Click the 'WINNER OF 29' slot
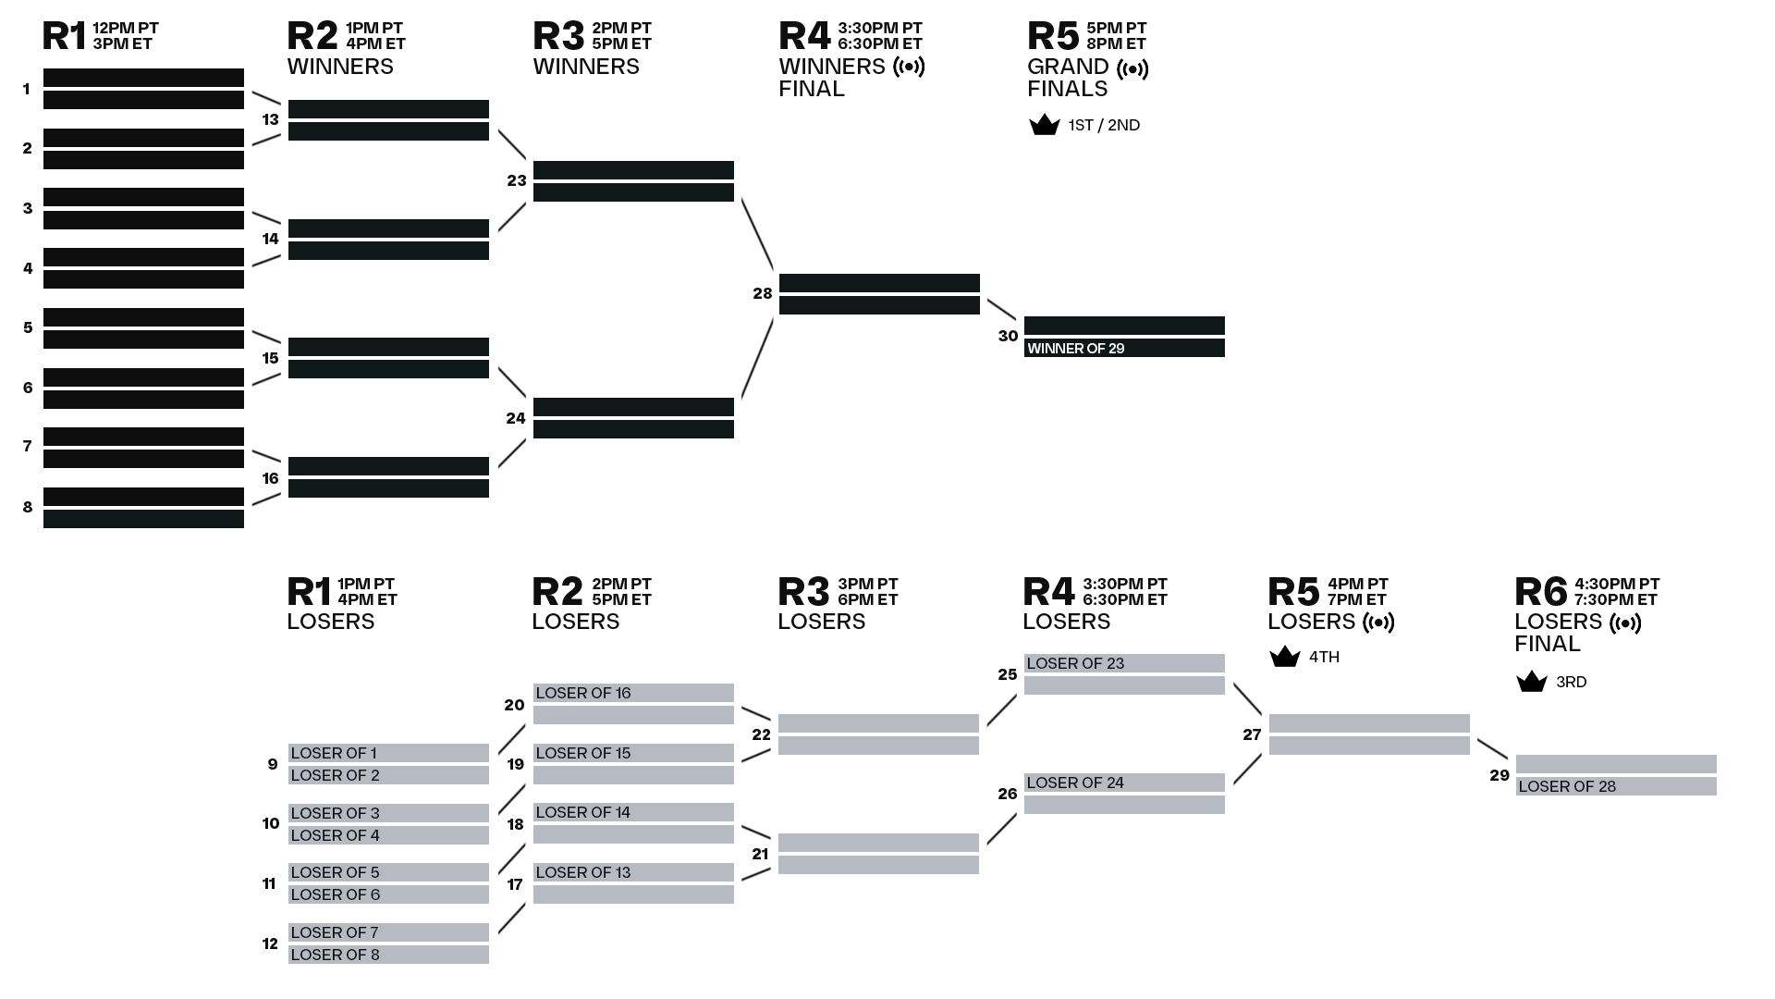1124,348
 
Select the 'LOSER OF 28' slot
1616,786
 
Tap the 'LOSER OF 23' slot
1124,663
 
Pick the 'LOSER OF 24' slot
1124,783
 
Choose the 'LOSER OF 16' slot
633,693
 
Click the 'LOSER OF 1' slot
388,753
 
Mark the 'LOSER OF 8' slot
388,955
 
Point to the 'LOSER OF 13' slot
633,872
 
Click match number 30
1008,337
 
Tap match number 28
763,294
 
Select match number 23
517,181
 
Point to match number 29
1500,776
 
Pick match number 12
270,944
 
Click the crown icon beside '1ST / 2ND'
1045,125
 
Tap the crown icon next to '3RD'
1532,682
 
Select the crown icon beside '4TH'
1285,657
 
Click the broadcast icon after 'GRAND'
1132,68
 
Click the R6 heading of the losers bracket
1541,592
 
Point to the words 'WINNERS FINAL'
832,78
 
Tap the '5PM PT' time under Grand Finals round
1117,29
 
